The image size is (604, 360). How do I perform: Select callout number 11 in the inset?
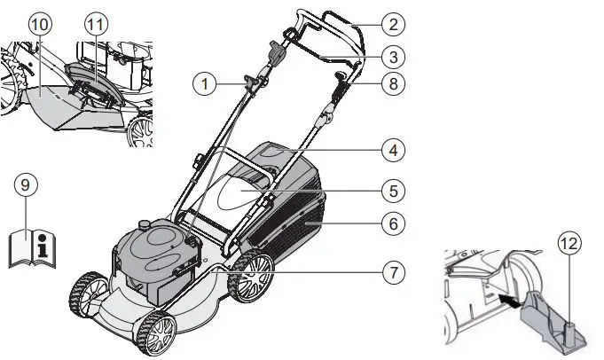pos(94,24)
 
